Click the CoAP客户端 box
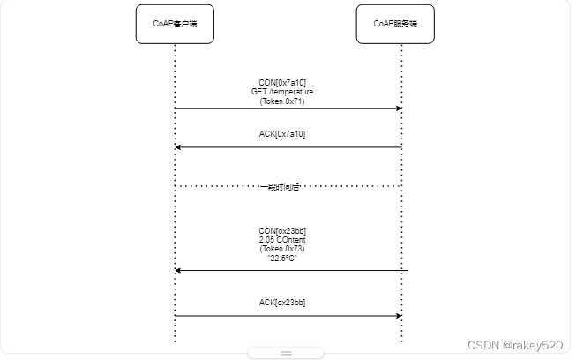coord(175,25)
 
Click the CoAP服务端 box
coord(401,25)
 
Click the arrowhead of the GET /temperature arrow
coord(399,109)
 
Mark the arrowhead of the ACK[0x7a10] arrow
coord(178,147)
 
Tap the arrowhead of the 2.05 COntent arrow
coord(178,270)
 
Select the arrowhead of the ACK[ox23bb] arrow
coord(399,315)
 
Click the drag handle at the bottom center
coord(286,353)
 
